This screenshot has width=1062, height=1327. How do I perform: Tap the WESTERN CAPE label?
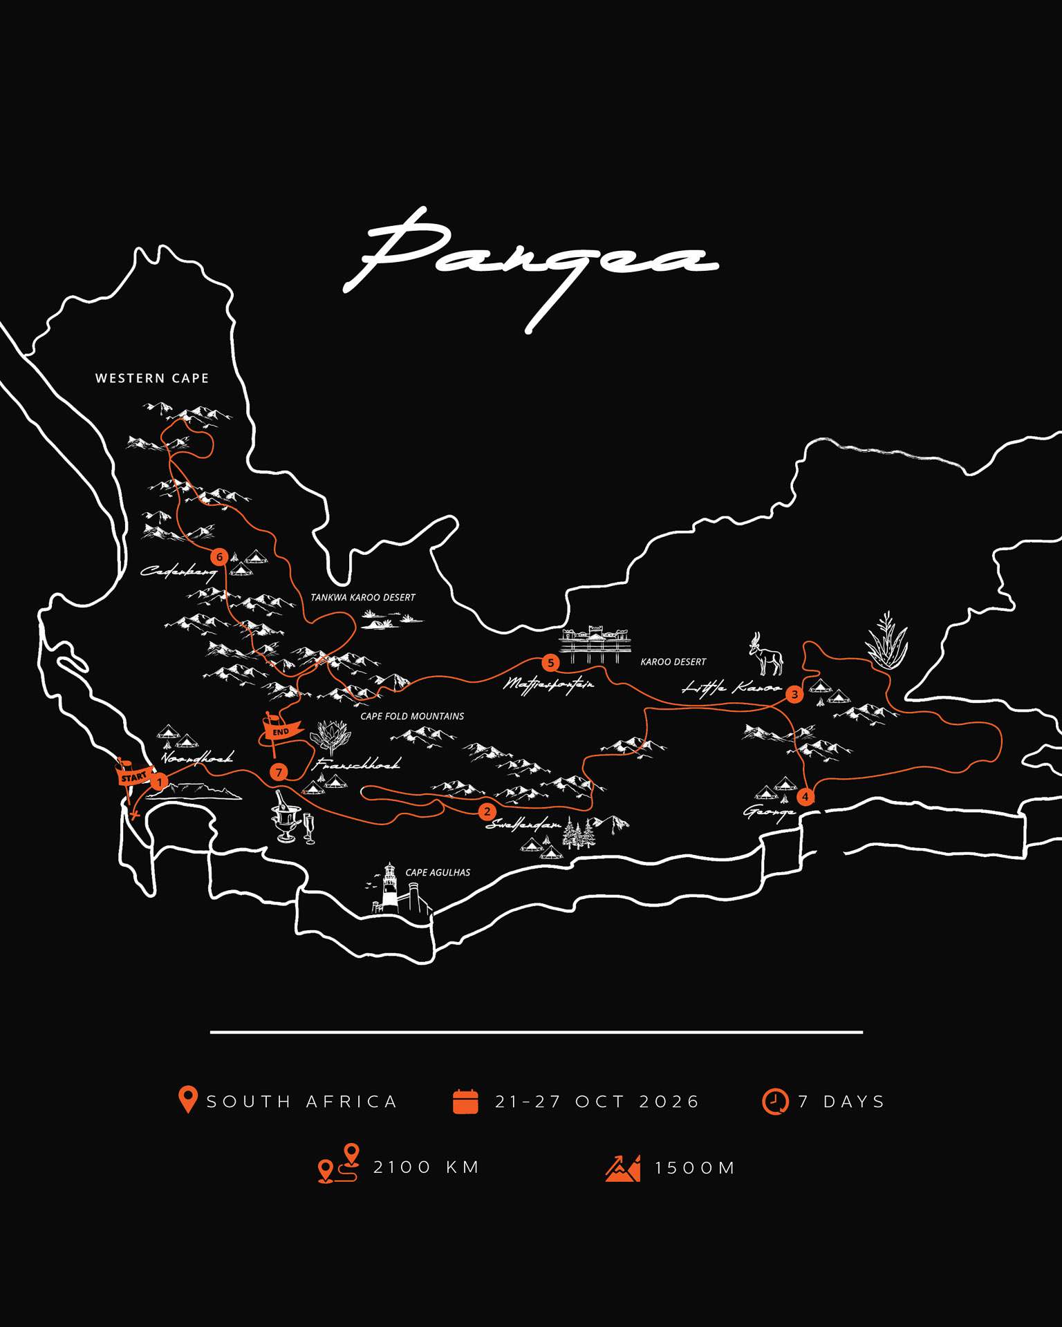click(152, 378)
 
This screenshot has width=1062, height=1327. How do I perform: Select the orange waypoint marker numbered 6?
click(219, 556)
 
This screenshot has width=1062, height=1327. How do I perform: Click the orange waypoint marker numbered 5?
click(550, 663)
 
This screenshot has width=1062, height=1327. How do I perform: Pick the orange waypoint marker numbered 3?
click(794, 694)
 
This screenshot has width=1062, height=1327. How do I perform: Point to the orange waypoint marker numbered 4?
click(805, 797)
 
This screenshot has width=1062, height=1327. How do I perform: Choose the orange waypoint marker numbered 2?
click(487, 811)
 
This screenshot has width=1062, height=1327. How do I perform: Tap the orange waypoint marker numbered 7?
click(279, 772)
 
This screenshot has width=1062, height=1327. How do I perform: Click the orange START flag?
click(133, 776)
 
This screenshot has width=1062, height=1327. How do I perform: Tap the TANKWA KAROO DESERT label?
click(362, 597)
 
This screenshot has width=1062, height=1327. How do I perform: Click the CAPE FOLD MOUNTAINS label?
click(412, 716)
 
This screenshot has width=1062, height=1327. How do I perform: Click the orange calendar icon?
click(465, 1101)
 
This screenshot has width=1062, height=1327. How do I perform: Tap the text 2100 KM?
click(427, 1167)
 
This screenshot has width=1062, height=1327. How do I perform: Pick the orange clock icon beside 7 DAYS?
click(775, 1101)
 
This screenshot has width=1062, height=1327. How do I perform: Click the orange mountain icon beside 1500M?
click(623, 1168)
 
